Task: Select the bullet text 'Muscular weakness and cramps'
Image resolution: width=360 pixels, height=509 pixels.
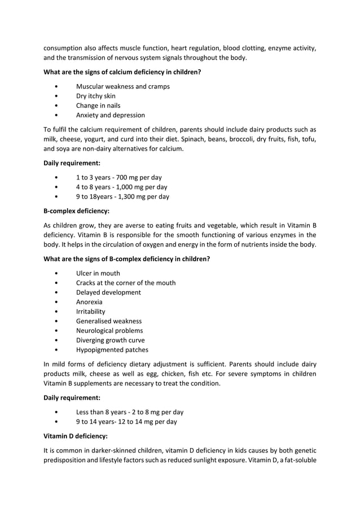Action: coord(122,86)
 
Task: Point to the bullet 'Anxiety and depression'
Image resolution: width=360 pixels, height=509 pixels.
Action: coord(110,115)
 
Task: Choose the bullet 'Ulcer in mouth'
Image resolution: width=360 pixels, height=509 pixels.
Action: coord(98,273)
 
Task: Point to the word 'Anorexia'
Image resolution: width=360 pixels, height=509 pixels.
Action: coord(89,302)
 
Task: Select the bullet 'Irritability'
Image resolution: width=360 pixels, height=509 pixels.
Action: coord(90,311)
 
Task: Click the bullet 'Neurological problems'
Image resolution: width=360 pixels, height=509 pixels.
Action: coord(109,331)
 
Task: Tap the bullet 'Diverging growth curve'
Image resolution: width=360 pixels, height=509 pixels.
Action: coord(110,340)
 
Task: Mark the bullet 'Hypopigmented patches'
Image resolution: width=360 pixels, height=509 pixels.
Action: coord(112,350)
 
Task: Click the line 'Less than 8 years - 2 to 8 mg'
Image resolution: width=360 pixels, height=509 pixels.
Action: coord(129,412)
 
